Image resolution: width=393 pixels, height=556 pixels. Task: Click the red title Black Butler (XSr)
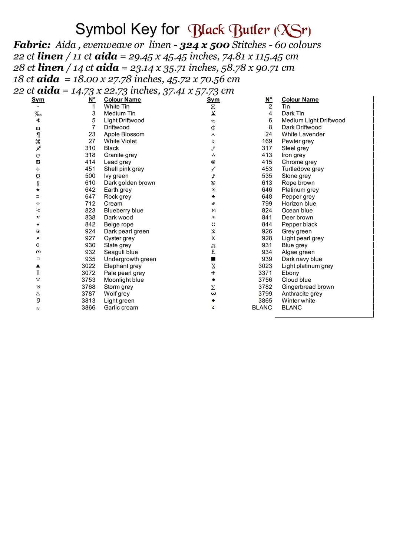tap(249, 30)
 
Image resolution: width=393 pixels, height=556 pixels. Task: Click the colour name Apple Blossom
tap(124, 134)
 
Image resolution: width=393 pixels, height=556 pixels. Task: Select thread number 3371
tap(265, 273)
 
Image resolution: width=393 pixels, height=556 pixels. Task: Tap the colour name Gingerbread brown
tap(307, 287)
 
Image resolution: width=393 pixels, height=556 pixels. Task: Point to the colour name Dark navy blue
tap(301, 259)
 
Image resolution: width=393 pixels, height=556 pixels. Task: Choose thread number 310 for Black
tap(90, 148)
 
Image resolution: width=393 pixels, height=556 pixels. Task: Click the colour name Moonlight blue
tap(123, 280)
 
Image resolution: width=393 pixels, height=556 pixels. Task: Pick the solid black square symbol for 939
tap(213, 259)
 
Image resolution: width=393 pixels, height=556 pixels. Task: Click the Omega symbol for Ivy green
tap(38, 176)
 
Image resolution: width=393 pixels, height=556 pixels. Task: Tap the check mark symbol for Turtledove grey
tap(213, 169)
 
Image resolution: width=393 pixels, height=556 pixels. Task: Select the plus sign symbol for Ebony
tap(213, 273)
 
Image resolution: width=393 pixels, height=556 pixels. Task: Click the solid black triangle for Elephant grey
tap(38, 266)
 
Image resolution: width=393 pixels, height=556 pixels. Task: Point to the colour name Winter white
tap(298, 301)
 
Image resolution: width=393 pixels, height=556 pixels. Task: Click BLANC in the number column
tap(262, 308)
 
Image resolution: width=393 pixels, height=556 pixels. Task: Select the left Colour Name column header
tap(122, 100)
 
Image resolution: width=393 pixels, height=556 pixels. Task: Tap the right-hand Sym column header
tap(213, 100)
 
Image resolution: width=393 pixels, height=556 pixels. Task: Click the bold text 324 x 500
tap(205, 45)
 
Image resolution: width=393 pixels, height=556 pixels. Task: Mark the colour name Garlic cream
tap(121, 308)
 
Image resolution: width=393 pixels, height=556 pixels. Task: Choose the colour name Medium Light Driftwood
tap(313, 120)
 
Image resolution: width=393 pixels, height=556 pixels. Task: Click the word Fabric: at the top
tap(32, 45)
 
